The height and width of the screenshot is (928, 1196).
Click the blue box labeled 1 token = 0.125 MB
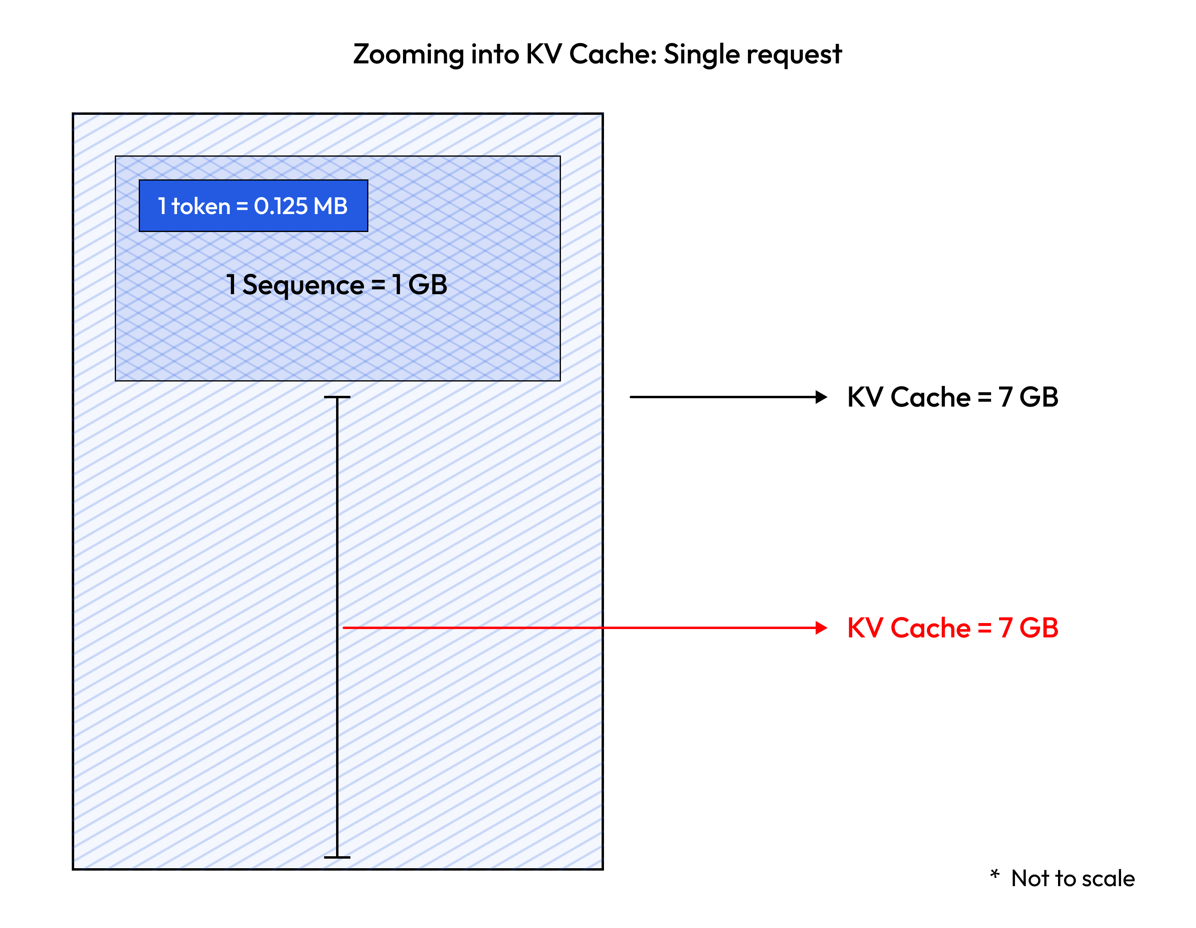tap(253, 206)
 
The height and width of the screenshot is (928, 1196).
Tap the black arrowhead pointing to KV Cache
tap(821, 397)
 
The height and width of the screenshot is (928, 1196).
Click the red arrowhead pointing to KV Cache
tap(821, 628)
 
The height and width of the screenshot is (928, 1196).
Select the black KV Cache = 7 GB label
tap(952, 397)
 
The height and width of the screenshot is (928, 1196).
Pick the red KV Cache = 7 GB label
tap(952, 628)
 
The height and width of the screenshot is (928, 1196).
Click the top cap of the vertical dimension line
tap(337, 397)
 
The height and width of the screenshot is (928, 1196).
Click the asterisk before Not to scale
tap(995, 874)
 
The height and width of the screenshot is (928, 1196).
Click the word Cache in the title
tap(613, 55)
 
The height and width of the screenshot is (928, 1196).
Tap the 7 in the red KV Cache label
tap(1005, 628)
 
